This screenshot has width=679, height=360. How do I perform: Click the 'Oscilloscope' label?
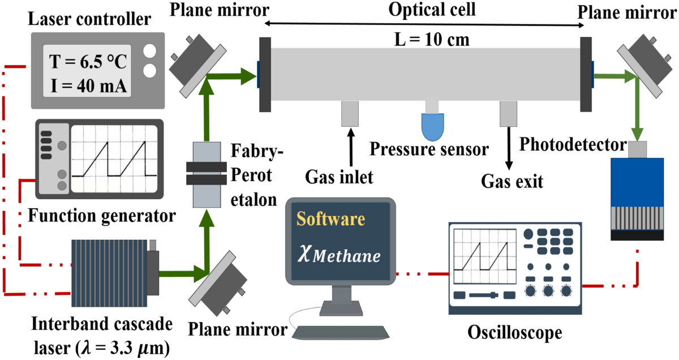[x=514, y=333]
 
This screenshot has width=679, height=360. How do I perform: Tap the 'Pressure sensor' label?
[x=428, y=150]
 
